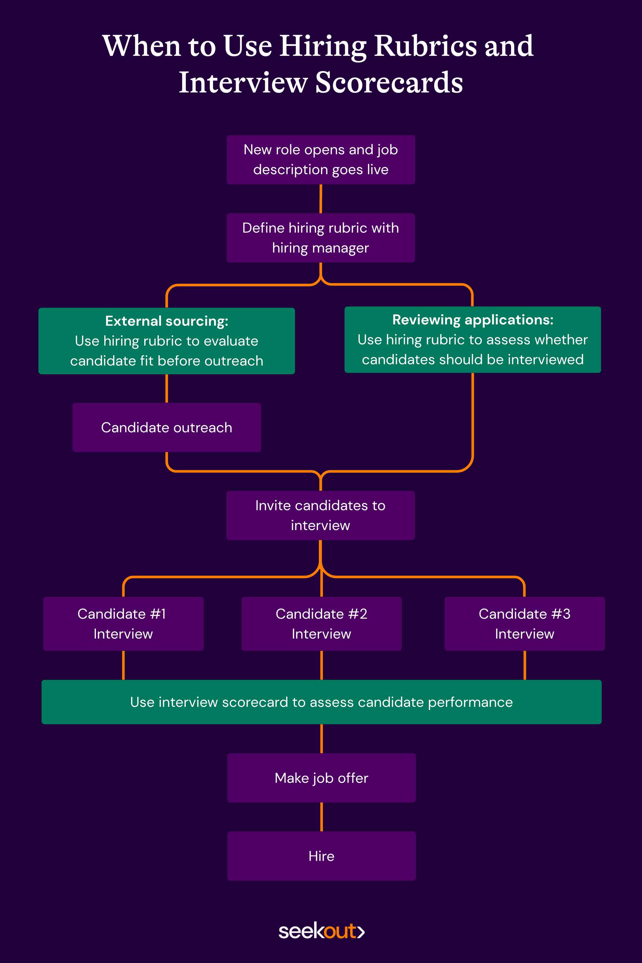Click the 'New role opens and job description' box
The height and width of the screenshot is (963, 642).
coord(321,160)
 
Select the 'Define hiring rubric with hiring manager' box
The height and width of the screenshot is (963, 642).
coord(321,238)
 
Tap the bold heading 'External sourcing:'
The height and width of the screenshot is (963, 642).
coord(167,321)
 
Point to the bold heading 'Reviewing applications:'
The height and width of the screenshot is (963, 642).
coord(472,320)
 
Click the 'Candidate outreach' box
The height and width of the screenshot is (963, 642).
coord(167,428)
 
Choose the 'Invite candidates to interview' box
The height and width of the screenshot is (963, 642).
coord(321,515)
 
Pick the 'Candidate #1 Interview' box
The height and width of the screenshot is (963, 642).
coord(123,624)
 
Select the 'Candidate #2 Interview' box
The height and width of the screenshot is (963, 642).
coord(321,624)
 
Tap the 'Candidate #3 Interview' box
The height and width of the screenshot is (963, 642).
coord(524,624)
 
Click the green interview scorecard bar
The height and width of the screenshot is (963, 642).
coord(321,702)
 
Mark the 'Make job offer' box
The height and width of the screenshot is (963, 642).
coord(321,778)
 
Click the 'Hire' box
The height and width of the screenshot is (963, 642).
coord(321,856)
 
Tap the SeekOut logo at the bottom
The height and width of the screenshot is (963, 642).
coord(321,931)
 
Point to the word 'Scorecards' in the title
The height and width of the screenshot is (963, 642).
coord(389,83)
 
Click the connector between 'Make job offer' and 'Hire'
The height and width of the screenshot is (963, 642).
coord(321,817)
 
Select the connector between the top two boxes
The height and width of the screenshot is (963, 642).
coord(321,199)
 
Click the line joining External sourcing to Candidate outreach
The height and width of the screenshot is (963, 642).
coord(167,389)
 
